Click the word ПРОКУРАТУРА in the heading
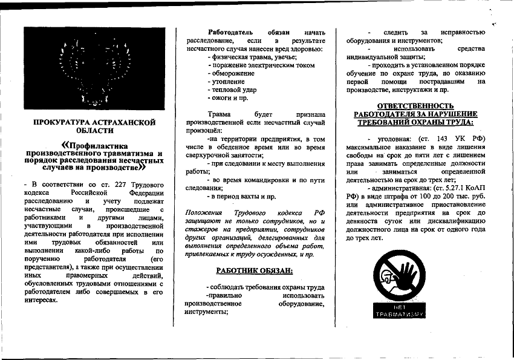(x=65, y=122)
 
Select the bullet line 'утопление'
(x=228, y=81)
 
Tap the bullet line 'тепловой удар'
(x=233, y=90)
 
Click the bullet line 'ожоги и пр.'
(x=229, y=97)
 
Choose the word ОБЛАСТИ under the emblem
(x=94, y=131)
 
